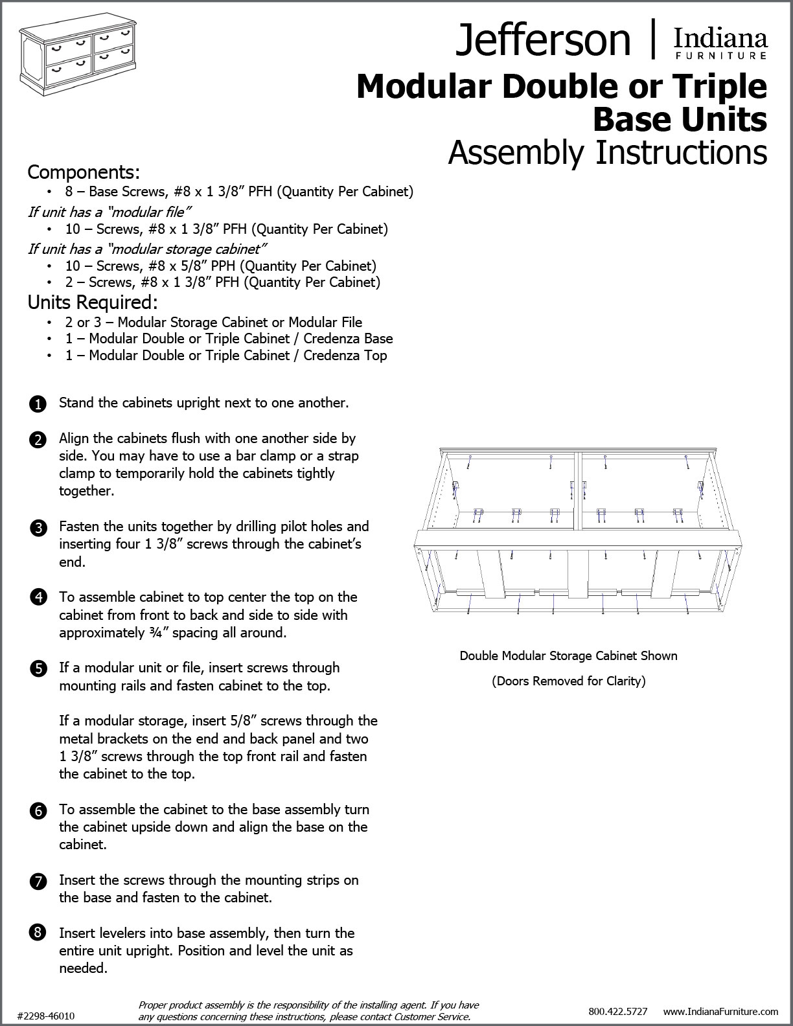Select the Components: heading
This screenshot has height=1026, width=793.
tap(84, 172)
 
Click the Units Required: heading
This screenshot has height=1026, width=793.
tap(93, 302)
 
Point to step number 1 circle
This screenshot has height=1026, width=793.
tap(38, 404)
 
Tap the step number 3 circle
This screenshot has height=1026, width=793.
tap(38, 528)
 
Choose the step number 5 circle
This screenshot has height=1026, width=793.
tap(38, 669)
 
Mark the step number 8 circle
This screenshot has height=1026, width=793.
tap(38, 933)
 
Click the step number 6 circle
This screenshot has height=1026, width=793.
tap(38, 811)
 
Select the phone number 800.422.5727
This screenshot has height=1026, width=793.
tap(617, 1011)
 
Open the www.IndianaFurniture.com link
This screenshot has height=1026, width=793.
tap(720, 1011)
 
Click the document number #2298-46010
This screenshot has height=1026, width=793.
tap(46, 1016)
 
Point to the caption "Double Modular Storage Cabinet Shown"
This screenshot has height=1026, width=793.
tap(568, 655)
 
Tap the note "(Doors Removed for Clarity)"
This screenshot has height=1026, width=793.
tap(568, 681)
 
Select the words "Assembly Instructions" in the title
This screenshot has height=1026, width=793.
tap(607, 152)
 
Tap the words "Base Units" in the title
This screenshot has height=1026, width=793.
tap(680, 119)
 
